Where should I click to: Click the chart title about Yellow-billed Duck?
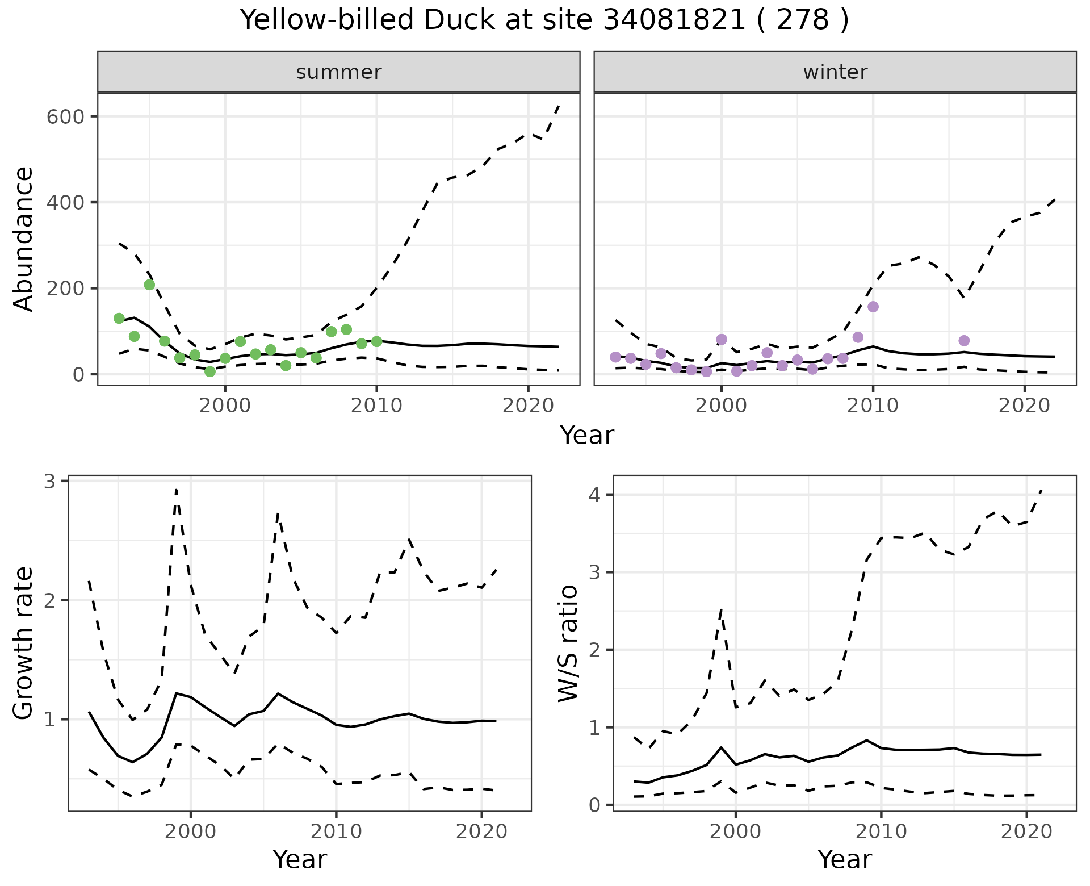pyautogui.click(x=544, y=20)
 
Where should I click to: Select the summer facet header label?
pyautogui.click(x=339, y=72)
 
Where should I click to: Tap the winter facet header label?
pyautogui.click(x=835, y=72)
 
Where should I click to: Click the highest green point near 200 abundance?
pyautogui.click(x=149, y=285)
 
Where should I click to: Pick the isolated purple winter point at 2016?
pyautogui.click(x=964, y=341)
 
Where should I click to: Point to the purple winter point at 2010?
pyautogui.click(x=873, y=307)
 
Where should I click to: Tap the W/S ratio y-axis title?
pyautogui.click(x=568, y=643)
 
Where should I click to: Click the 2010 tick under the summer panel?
pyautogui.click(x=376, y=406)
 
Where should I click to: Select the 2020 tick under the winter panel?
pyautogui.click(x=1025, y=406)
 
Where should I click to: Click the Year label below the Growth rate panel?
pyautogui.click(x=300, y=860)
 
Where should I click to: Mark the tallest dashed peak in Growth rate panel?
pyautogui.click(x=176, y=490)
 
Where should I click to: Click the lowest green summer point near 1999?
pyautogui.click(x=210, y=371)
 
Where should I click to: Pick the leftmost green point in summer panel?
pyautogui.click(x=119, y=318)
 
